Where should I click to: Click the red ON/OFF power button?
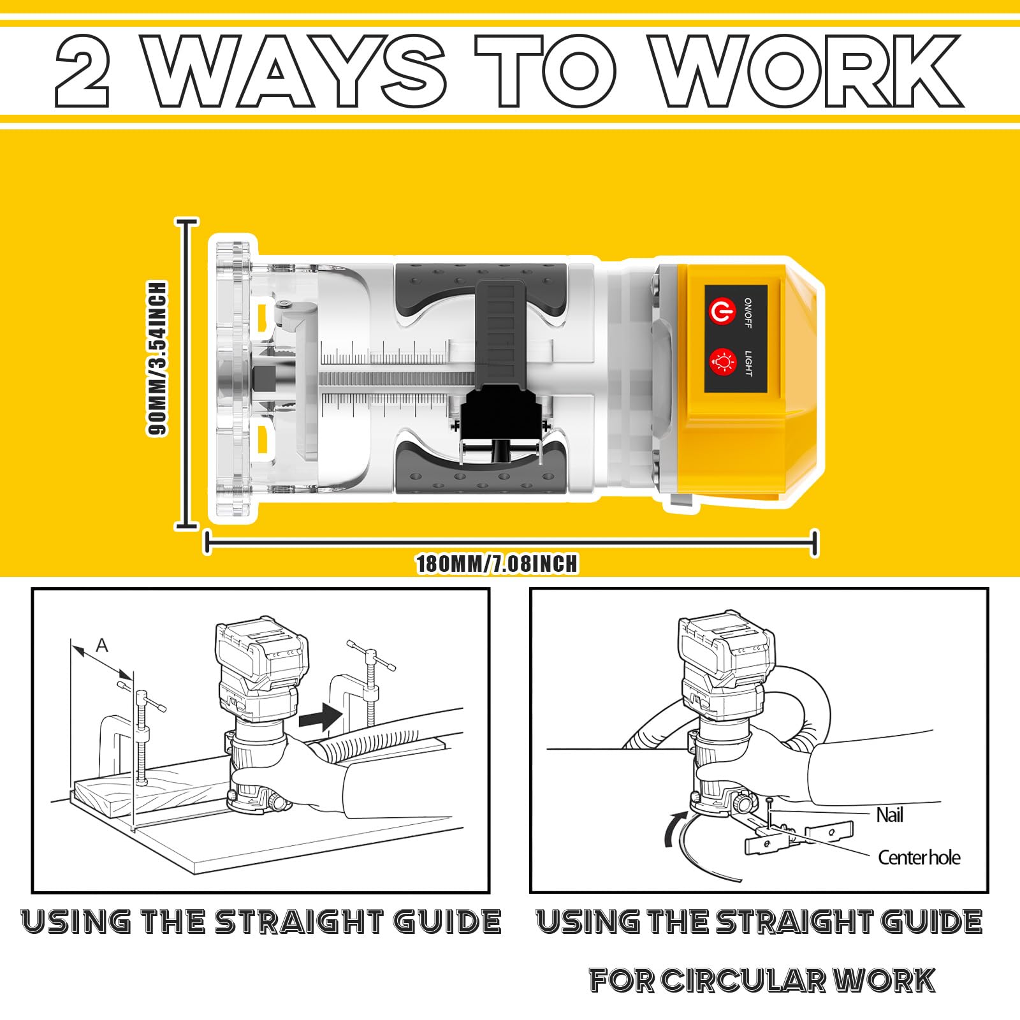722,312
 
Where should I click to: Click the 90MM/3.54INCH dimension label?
157,358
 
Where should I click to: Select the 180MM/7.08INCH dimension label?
497,564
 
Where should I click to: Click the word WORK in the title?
806,71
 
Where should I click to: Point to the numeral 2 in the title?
82,71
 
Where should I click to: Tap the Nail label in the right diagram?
889,815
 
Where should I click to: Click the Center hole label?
919,857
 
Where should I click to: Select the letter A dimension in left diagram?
102,646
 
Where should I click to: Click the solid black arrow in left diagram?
321,716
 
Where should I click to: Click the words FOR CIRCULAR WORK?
762,980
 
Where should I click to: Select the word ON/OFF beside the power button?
748,312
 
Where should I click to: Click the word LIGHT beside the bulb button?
748,363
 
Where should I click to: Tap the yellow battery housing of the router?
739,379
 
